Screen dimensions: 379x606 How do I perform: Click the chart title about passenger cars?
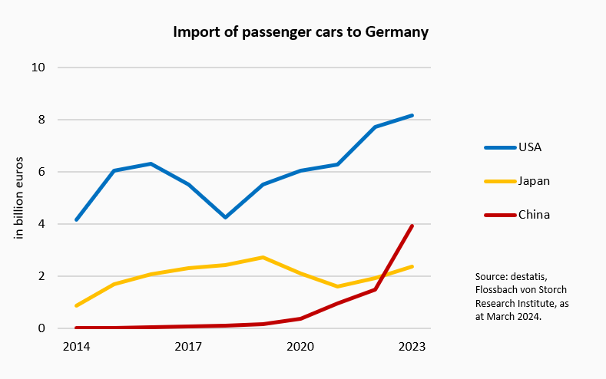(300, 32)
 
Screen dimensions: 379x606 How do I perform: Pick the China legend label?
(534, 215)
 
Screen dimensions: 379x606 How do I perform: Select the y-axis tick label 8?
(41, 120)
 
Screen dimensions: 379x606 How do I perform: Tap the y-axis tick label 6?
(41, 172)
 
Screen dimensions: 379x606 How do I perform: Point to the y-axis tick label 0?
(41, 328)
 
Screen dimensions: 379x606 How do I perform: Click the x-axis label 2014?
(76, 346)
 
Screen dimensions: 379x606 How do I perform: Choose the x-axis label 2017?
(188, 346)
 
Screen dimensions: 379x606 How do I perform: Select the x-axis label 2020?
(300, 346)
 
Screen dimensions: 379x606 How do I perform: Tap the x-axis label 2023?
(412, 346)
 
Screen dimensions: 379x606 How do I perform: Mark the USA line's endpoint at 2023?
(412, 115)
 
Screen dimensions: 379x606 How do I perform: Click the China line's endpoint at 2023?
(412, 226)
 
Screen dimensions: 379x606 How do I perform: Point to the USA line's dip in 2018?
(225, 217)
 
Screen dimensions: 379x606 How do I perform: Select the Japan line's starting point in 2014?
(76, 305)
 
